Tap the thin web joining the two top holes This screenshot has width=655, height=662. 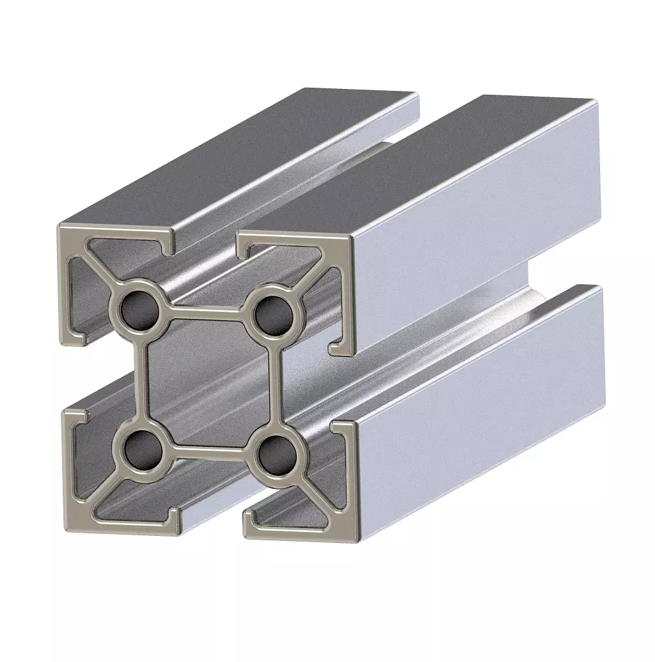point(205,311)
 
